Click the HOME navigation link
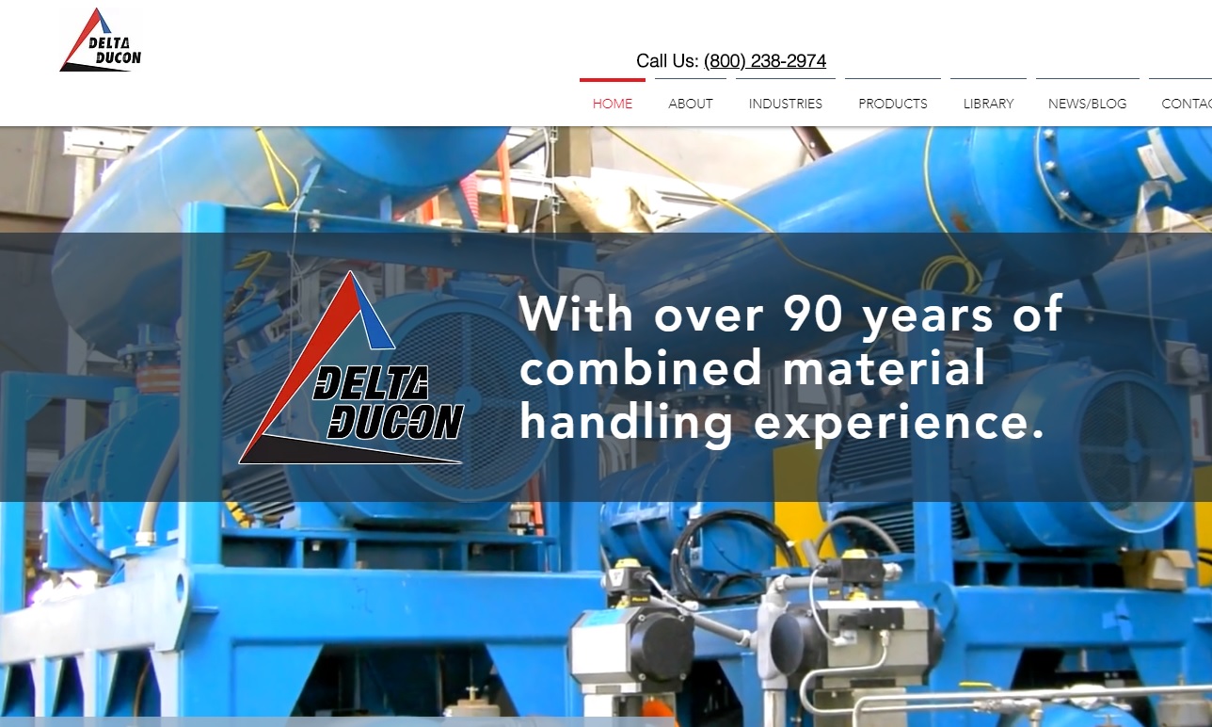(613, 104)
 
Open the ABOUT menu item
(691, 104)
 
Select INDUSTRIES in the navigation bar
(786, 104)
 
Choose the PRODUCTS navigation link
(893, 104)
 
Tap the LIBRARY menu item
(988, 104)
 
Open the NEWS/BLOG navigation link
(1087, 104)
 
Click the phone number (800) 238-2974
(765, 61)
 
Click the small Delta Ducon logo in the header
(101, 40)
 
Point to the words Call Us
(667, 61)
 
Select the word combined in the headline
(641, 367)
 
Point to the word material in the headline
(884, 367)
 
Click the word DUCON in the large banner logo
(396, 421)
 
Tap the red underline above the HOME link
(613, 80)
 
